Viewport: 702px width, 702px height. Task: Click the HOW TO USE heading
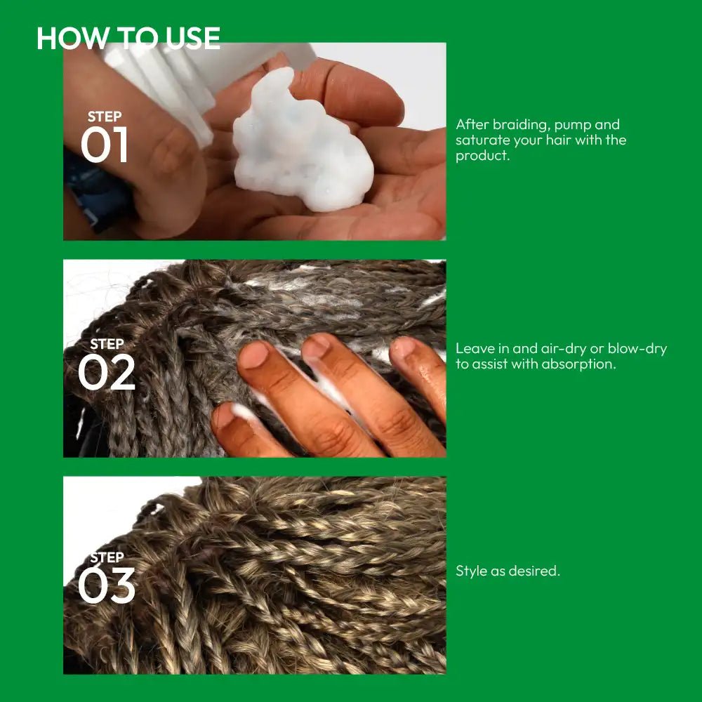click(128, 38)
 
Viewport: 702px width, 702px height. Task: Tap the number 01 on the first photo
click(105, 144)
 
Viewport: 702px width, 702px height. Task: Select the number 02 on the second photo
click(107, 371)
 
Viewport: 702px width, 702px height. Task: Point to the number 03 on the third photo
click(107, 585)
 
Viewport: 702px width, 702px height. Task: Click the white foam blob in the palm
click(302, 143)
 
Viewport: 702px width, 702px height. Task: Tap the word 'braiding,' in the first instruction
click(521, 125)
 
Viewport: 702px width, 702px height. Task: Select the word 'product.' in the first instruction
click(483, 156)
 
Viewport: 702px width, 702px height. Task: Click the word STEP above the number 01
click(105, 117)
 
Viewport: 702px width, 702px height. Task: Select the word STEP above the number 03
click(107, 557)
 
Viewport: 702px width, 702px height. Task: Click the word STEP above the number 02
click(107, 344)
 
